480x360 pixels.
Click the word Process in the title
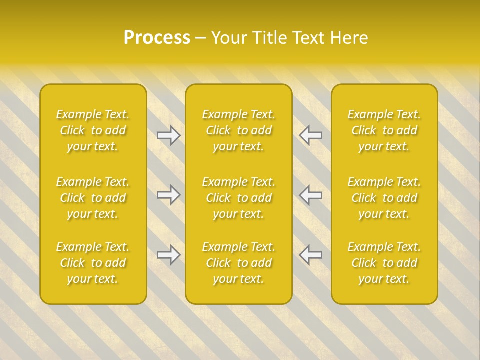click(157, 38)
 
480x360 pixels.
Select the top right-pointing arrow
click(169, 135)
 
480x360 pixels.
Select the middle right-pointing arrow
click(169, 195)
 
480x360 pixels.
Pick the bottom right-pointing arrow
click(169, 255)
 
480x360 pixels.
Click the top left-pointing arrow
click(311, 135)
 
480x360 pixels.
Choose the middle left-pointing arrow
click(311, 195)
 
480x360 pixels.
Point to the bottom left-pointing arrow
click(311, 255)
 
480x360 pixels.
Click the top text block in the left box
click(93, 130)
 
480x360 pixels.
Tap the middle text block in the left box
click(93, 198)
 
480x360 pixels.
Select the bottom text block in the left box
click(93, 263)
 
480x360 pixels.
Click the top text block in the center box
click(239, 130)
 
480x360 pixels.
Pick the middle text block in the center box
click(239, 198)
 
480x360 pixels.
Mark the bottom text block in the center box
click(239, 263)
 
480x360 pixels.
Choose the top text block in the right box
click(384, 130)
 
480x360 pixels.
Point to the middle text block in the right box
click(384, 198)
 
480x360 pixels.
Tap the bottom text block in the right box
click(384, 263)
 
